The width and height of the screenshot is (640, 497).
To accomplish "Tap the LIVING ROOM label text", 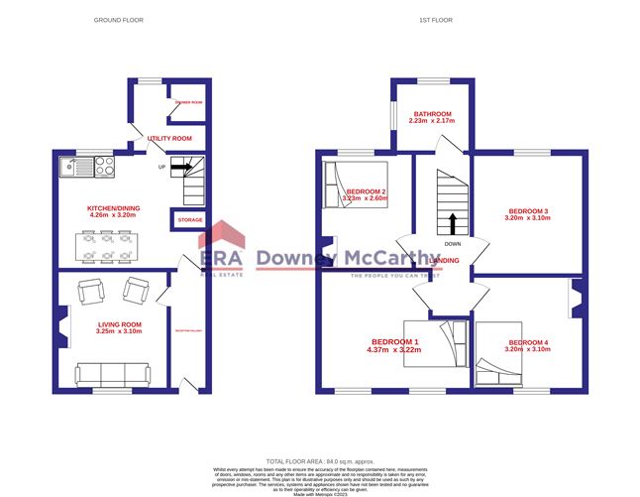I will pos(120,324).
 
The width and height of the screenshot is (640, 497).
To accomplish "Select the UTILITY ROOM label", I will pos(169,139).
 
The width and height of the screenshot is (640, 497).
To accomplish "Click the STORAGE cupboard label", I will pos(189,219).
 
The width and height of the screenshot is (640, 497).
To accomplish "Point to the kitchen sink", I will pos(75,168).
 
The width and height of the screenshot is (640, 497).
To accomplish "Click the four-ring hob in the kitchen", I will pos(106,168).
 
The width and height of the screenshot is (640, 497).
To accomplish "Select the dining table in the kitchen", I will pos(105,246).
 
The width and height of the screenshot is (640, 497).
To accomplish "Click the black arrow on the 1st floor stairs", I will pos(453,222).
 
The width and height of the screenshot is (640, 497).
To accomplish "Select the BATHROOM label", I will pos(432,115).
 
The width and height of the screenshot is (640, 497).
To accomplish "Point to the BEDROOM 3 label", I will pos(528,211).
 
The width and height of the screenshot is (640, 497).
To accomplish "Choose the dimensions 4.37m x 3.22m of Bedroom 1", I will pos(394,350).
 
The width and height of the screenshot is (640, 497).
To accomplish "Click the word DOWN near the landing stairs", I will pos(452,243).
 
